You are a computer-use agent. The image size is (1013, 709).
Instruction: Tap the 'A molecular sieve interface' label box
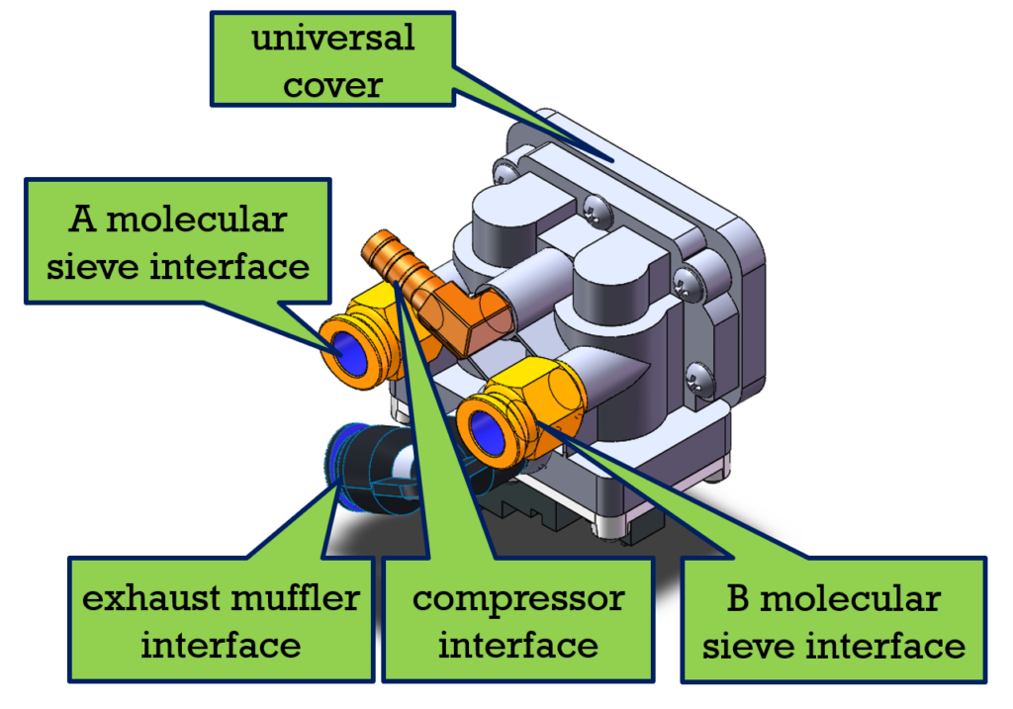pyautogui.click(x=177, y=241)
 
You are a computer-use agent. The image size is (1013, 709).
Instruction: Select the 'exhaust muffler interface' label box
pyautogui.click(x=220, y=621)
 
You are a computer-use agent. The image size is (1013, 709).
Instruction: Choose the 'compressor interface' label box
pyautogui.click(x=517, y=621)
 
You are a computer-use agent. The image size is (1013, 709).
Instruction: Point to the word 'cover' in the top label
pyautogui.click(x=332, y=84)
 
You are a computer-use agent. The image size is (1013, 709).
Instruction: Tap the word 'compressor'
pyautogui.click(x=517, y=598)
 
